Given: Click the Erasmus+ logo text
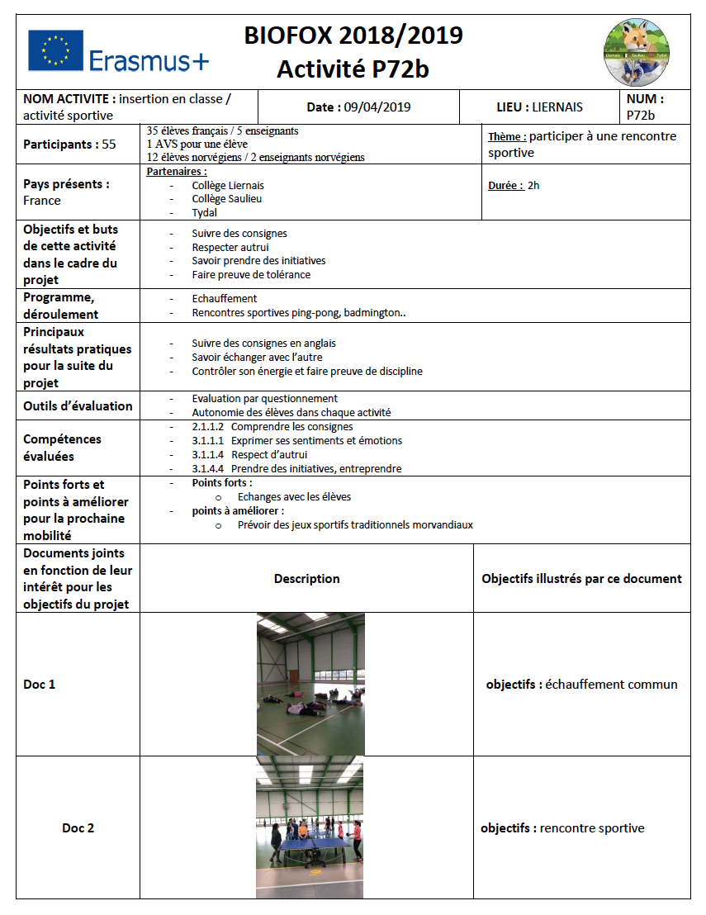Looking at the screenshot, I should [x=149, y=60].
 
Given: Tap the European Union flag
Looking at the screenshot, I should [x=55, y=50].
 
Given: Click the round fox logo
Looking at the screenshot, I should [x=637, y=52].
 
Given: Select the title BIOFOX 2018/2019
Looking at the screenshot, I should [x=353, y=36].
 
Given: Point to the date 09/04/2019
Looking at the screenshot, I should [x=377, y=107].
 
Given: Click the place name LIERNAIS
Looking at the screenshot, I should [x=557, y=107].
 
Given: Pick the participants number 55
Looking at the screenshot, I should [x=109, y=145].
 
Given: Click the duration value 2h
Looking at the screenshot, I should [x=533, y=186].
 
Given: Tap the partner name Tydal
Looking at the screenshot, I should [x=205, y=212].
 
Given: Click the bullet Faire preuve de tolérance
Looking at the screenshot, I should [x=251, y=274].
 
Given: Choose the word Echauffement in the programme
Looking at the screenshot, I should [x=225, y=298].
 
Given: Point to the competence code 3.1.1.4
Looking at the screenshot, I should [x=208, y=455].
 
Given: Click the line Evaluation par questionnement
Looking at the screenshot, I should [x=264, y=399].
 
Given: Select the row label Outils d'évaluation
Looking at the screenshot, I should [x=78, y=405].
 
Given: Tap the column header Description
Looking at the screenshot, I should [x=306, y=578].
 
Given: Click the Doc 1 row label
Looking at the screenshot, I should [x=40, y=684].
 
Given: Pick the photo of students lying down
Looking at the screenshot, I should [x=310, y=684].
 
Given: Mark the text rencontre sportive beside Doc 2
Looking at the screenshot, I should [x=592, y=828].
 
